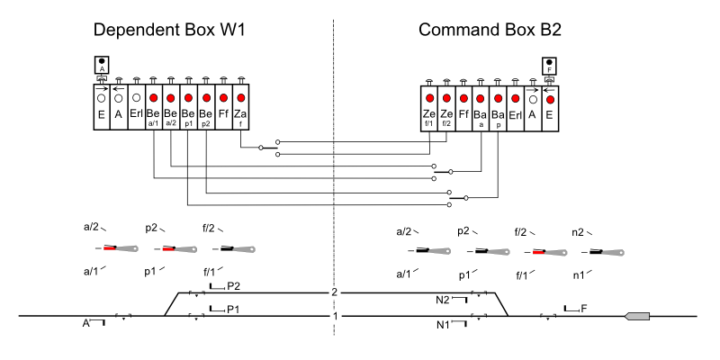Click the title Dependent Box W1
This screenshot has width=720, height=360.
[169, 31]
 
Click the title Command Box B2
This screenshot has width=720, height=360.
[490, 31]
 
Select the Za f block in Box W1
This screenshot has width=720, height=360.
[240, 107]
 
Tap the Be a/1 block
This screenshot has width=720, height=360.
[153, 107]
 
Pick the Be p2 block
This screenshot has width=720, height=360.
[205, 107]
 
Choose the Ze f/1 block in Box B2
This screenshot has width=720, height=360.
[429, 107]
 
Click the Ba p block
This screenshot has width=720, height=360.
[498, 107]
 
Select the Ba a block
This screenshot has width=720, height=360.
[481, 107]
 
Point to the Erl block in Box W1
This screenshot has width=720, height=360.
[136, 107]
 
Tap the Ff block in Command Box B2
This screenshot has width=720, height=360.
[463, 107]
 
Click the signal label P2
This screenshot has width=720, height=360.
[233, 286]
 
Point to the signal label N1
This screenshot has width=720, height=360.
[443, 324]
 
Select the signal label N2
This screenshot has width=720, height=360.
[443, 301]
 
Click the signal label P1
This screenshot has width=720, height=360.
[233, 309]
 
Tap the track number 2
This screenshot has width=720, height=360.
[334, 292]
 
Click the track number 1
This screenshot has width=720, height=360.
[334, 316]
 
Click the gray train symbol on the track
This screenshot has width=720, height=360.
[638, 316]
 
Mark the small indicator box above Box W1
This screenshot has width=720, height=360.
[101, 66]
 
